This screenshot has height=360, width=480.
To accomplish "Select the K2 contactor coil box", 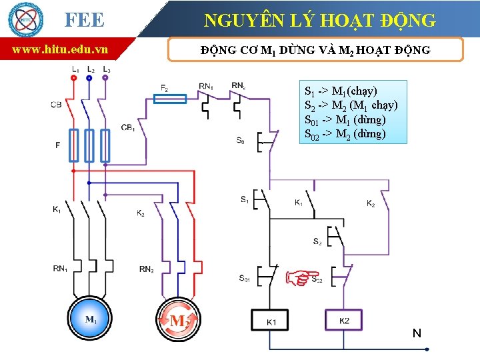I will (x=344, y=321).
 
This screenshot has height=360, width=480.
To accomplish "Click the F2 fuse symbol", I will (x=170, y=99).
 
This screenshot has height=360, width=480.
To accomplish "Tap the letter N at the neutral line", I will (x=417, y=333).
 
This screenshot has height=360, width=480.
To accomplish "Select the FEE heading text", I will (x=84, y=19).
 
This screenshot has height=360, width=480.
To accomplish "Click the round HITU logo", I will (x=25, y=19).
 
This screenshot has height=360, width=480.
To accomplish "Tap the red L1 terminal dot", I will (x=73, y=77).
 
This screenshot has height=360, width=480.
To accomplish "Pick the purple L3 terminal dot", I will (x=105, y=77).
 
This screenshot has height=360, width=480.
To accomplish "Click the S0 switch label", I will (x=240, y=141).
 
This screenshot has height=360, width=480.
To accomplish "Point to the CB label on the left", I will (x=56, y=105).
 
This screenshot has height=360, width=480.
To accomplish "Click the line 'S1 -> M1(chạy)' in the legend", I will (x=341, y=91).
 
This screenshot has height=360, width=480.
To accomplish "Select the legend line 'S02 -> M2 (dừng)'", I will (x=345, y=134).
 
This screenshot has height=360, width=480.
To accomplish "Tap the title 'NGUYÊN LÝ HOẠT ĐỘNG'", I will (x=319, y=20).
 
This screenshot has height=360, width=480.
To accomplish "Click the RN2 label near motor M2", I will (x=147, y=269).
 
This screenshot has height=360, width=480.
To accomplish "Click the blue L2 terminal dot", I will (x=89, y=77).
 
